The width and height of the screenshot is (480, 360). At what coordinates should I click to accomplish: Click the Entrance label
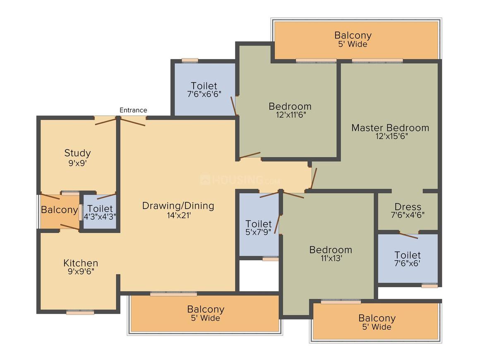click(x=133, y=110)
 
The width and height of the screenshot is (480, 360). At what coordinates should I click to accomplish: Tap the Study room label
click(x=77, y=153)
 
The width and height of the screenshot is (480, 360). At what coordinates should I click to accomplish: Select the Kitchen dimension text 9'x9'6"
click(x=81, y=271)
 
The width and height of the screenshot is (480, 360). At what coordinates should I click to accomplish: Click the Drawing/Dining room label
click(x=178, y=206)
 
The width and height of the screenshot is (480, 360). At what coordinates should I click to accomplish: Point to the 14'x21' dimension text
click(x=179, y=216)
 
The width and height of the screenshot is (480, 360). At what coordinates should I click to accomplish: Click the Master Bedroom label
click(x=390, y=127)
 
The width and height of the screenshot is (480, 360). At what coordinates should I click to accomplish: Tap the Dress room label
click(x=408, y=206)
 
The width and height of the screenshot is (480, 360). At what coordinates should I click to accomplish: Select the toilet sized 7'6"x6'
click(x=408, y=259)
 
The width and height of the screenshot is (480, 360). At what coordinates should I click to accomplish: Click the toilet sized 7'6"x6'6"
click(x=204, y=89)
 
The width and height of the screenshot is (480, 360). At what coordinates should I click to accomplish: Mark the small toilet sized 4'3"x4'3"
click(x=100, y=212)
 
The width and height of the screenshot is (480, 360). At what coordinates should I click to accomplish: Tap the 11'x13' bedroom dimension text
click(x=331, y=258)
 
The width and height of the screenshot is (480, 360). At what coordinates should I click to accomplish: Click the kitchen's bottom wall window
click(x=80, y=312)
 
